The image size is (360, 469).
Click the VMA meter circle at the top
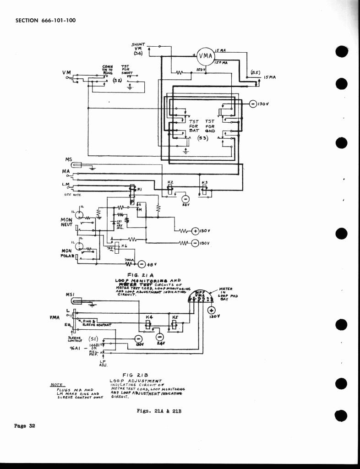coord(206,56)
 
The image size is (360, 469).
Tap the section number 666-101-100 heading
coord(45,20)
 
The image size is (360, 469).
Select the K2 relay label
coord(170,182)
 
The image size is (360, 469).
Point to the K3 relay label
coord(205,182)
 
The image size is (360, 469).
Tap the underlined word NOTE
coord(56,385)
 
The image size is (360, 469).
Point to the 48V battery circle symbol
coord(141,264)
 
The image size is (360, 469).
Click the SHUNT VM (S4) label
coord(138,49)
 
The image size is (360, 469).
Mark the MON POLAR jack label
coord(67,253)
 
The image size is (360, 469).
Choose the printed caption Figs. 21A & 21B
coord(159,411)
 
